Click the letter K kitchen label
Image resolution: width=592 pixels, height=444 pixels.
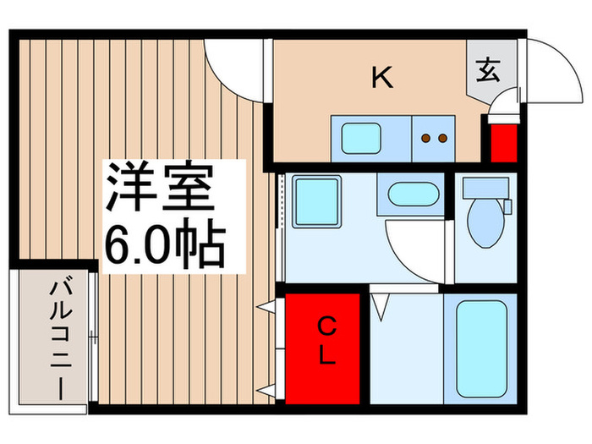point(382,78)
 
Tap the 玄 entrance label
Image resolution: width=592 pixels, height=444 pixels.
point(488,69)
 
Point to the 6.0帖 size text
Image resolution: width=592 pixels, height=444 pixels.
point(163,244)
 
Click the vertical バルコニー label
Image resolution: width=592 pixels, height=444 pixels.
point(58,337)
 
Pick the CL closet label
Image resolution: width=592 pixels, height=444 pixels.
point(326,340)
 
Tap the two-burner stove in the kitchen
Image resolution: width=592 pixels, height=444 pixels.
point(433,138)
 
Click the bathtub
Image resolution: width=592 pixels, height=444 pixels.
point(480,347)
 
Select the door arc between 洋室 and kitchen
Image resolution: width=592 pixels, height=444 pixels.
point(234,63)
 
